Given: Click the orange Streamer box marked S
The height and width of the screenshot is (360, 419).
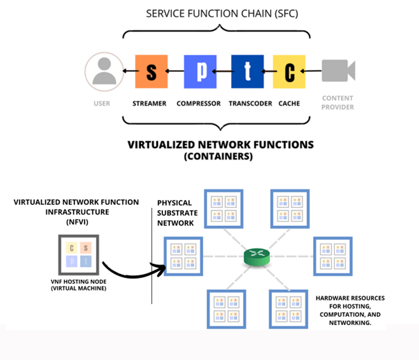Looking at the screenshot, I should coord(151,72).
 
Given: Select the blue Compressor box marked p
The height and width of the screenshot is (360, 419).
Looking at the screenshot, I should coord(201,72).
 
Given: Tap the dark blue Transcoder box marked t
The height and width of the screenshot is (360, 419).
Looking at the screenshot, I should coord(248,72).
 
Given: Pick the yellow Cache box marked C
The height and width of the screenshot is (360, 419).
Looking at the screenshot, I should coord(290,72).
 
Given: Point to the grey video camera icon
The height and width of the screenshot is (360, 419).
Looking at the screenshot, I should coord(337,71).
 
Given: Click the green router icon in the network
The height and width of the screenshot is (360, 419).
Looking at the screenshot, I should coord(257,258).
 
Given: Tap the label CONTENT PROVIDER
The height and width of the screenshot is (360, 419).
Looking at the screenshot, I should coord(338,103).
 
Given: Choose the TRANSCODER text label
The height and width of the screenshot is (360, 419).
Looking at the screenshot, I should coord(250,103).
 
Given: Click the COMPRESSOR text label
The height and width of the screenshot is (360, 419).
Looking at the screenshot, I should coord(199,103).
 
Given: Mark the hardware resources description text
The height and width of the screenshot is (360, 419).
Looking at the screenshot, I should coord(350,310).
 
